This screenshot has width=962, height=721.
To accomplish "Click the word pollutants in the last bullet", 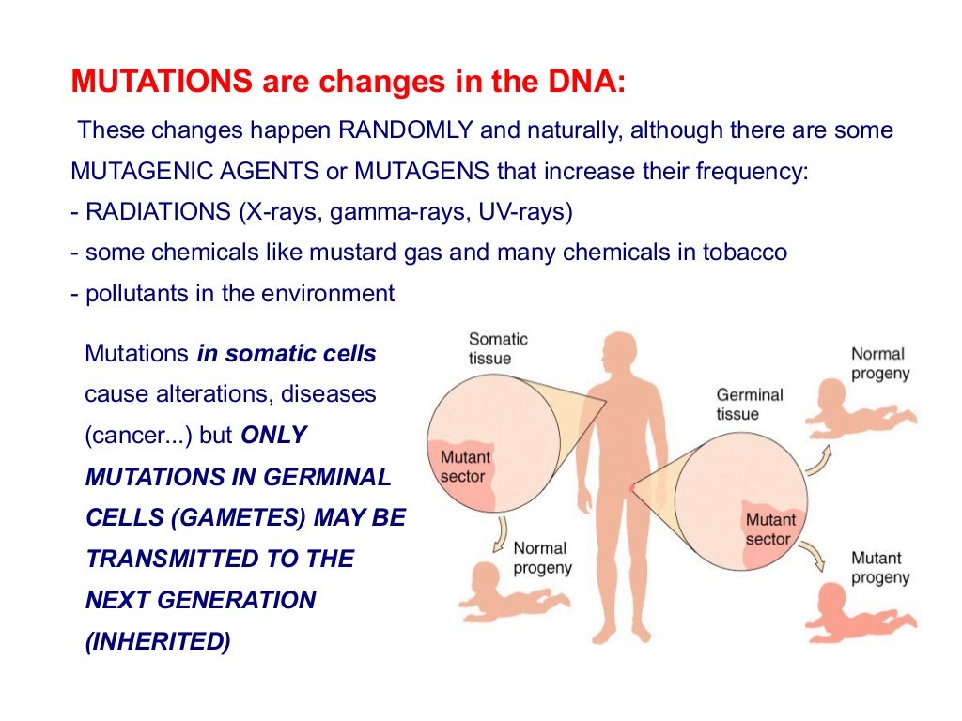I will click(129, 294).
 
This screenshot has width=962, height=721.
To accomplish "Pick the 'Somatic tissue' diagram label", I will click(498, 348).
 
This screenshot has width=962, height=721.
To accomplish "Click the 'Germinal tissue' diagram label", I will click(749, 405).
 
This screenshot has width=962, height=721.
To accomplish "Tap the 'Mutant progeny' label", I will click(879, 567).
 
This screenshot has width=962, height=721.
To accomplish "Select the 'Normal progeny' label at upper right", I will click(879, 363).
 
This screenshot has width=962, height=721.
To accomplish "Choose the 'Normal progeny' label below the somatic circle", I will click(542, 558).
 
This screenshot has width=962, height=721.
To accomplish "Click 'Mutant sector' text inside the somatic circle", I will click(465, 467).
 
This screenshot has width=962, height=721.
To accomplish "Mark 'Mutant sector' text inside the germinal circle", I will click(770, 529).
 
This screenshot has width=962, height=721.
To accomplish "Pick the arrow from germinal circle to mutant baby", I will click(815, 557).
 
